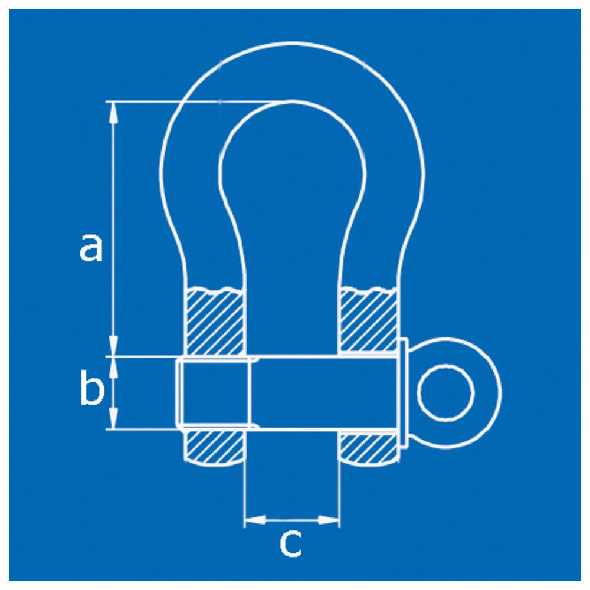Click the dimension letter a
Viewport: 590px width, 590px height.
click(x=91, y=247)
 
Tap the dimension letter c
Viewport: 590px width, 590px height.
click(x=291, y=544)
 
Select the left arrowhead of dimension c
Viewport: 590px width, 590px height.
click(x=255, y=520)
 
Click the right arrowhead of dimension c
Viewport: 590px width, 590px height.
click(x=329, y=520)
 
